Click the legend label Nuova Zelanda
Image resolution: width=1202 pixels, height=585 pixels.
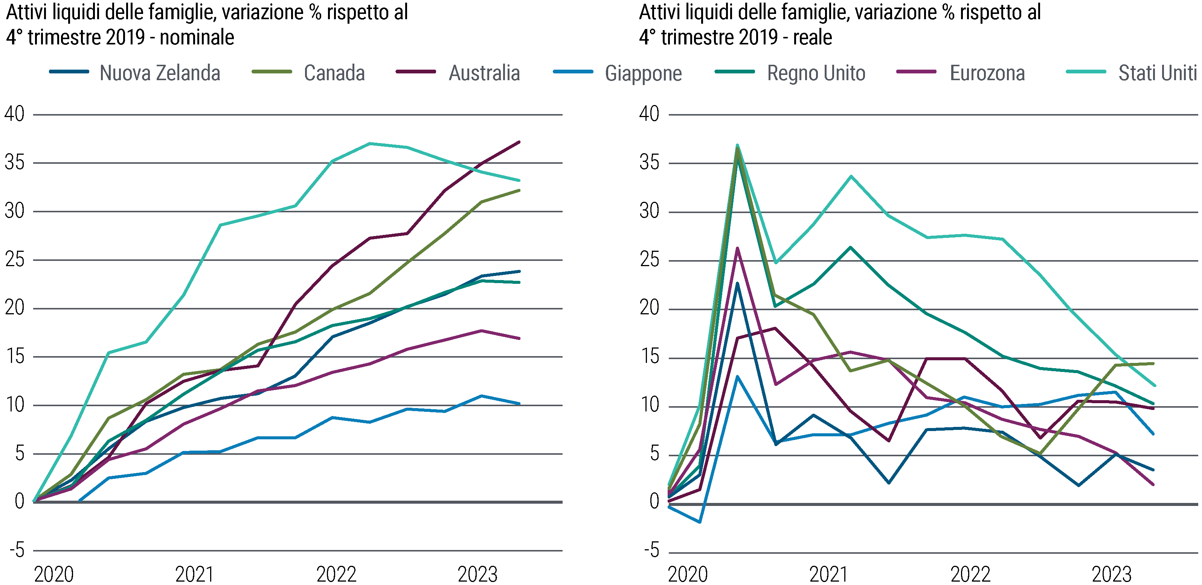point(160,73)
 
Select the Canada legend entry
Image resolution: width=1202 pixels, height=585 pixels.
point(334,73)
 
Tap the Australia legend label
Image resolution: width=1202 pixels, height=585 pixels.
point(484,73)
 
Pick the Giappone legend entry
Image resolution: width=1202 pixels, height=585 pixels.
point(643,74)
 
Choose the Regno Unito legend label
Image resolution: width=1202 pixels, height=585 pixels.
point(816,73)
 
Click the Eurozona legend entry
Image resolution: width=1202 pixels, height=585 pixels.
point(987,73)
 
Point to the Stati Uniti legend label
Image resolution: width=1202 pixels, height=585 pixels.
point(1157,73)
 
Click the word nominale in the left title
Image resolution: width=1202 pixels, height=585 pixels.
point(197,37)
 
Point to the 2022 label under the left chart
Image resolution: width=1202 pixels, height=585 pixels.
point(336,574)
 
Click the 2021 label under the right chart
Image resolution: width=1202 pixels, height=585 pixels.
point(828,574)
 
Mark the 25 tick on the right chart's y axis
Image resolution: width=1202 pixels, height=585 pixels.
point(650,260)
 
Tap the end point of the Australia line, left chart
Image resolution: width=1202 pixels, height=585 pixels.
point(519,142)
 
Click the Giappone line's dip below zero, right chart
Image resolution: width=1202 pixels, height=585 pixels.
point(699,522)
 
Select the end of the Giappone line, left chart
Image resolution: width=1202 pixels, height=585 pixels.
point(519,404)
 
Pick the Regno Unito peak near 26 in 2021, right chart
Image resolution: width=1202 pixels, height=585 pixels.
point(851,247)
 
